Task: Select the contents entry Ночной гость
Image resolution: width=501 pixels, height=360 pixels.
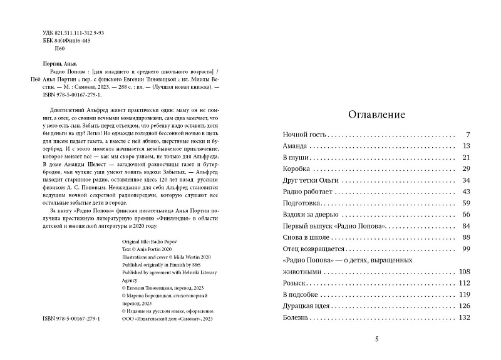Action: [305, 135]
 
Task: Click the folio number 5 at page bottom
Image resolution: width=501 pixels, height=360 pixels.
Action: [376, 340]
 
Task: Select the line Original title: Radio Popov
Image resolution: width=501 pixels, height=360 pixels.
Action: [147, 241]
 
